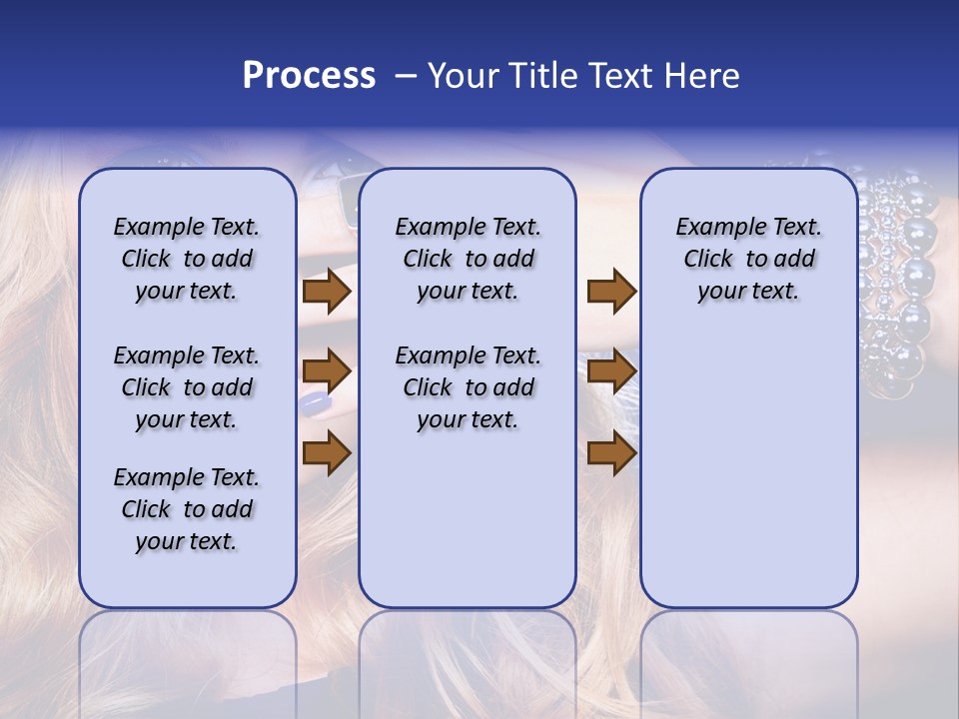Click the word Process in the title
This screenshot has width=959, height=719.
click(x=309, y=76)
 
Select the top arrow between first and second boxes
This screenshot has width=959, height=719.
click(x=327, y=292)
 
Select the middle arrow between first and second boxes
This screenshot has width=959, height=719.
click(x=327, y=371)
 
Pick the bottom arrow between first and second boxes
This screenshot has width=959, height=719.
click(x=327, y=453)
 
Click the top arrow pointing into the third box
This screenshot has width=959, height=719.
click(x=611, y=292)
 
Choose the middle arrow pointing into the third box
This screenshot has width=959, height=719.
click(x=611, y=371)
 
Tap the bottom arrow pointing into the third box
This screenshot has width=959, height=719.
click(x=611, y=453)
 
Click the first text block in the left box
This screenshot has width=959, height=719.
click(x=187, y=259)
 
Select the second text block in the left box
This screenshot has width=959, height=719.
click(x=187, y=387)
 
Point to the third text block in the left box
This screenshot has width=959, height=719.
click(x=187, y=509)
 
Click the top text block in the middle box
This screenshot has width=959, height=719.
click(x=468, y=259)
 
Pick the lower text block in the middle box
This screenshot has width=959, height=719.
click(x=468, y=387)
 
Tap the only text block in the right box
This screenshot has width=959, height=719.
click(x=748, y=259)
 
